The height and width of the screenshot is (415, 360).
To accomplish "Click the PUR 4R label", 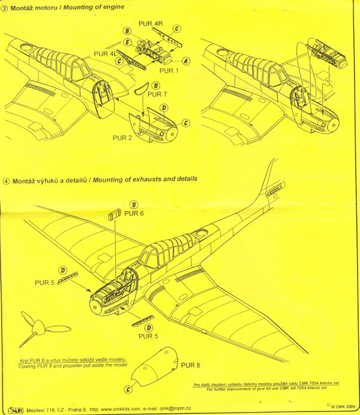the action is click(x=151, y=23).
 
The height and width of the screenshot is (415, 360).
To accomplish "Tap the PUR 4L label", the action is click(x=105, y=54).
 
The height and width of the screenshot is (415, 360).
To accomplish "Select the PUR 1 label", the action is click(x=169, y=71).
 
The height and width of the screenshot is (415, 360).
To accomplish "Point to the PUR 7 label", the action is click(x=157, y=94).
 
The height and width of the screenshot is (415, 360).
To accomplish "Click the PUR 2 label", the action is click(x=122, y=138).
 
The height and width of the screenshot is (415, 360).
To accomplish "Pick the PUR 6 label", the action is click(x=134, y=213).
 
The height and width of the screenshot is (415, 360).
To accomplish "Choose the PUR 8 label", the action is click(x=190, y=365).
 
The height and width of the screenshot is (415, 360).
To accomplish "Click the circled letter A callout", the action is click(x=186, y=61).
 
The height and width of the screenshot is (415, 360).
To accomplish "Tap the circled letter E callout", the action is click(x=128, y=43).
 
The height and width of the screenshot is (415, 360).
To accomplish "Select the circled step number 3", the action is click(x=5, y=8).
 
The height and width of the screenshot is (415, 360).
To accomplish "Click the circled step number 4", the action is click(x=7, y=181).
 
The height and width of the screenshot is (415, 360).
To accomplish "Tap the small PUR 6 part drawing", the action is click(x=114, y=214).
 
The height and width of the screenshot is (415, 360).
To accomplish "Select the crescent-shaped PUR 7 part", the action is click(x=142, y=89).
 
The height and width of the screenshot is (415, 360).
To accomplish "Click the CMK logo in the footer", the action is click(x=16, y=410).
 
